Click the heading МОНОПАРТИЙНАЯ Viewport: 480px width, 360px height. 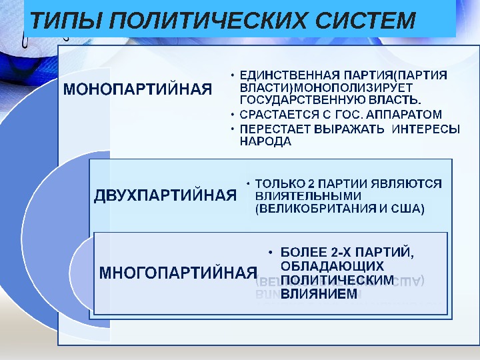[137, 89]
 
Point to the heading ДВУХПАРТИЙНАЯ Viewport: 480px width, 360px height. [165, 195]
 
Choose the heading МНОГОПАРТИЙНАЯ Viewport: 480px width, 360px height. [178, 272]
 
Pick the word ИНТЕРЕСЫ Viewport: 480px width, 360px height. [427, 129]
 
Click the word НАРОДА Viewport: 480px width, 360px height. [265, 142]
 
